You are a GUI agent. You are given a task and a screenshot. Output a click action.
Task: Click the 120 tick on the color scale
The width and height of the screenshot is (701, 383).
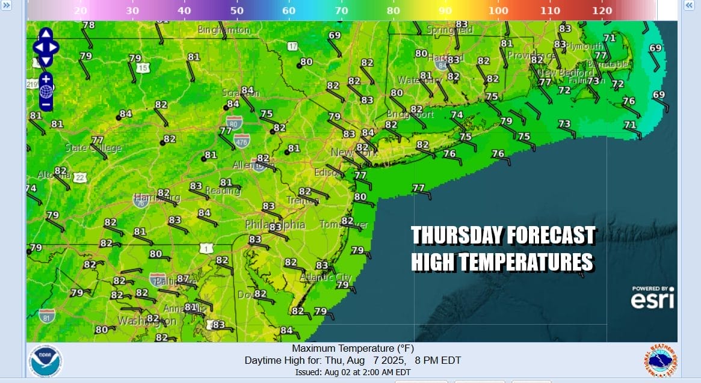pyautogui.click(x=602, y=11)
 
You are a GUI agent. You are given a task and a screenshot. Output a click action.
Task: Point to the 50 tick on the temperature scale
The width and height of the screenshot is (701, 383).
pyautogui.click(x=236, y=11)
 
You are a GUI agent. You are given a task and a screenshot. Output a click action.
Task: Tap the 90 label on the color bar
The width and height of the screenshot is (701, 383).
pyautogui.click(x=446, y=11)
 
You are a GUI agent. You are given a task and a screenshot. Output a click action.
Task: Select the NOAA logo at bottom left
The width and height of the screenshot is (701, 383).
pyautogui.click(x=45, y=361)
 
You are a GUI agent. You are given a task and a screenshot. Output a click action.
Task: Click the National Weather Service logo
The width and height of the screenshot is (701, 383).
pyautogui.click(x=659, y=361)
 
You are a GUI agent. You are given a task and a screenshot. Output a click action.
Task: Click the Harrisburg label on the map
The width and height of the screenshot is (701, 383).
pyautogui.click(x=156, y=197)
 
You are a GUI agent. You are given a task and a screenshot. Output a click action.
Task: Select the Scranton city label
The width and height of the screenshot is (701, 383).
pyautogui.click(x=241, y=93)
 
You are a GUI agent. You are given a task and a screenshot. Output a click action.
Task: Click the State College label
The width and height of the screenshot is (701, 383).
pyautogui.click(x=93, y=148)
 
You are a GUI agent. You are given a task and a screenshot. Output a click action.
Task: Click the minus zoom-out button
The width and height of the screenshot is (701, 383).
pyautogui.click(x=46, y=104)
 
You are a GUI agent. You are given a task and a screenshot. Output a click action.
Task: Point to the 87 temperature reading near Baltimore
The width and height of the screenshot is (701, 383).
pyautogui.click(x=183, y=280)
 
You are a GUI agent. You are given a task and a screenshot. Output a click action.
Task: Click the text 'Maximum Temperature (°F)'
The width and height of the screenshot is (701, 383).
pyautogui.click(x=353, y=349)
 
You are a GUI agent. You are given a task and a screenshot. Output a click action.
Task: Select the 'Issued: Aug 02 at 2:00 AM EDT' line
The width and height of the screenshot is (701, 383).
pyautogui.click(x=353, y=372)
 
